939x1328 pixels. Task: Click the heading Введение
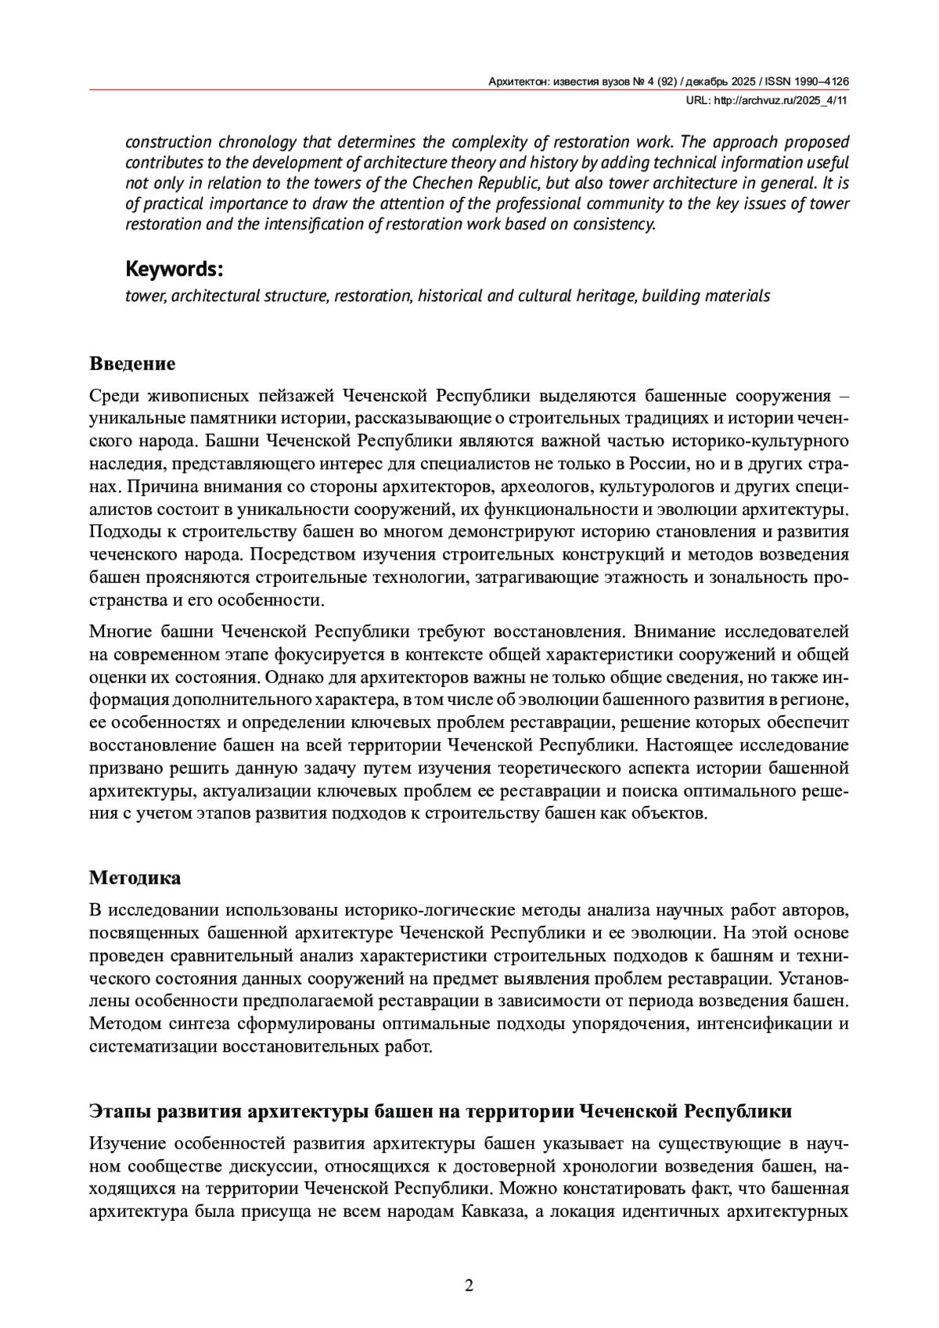point(132,364)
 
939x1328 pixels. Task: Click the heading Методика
point(135,877)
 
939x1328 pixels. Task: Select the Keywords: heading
point(174,269)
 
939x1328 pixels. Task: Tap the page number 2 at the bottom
point(469,1285)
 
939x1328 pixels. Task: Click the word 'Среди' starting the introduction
point(113,395)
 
